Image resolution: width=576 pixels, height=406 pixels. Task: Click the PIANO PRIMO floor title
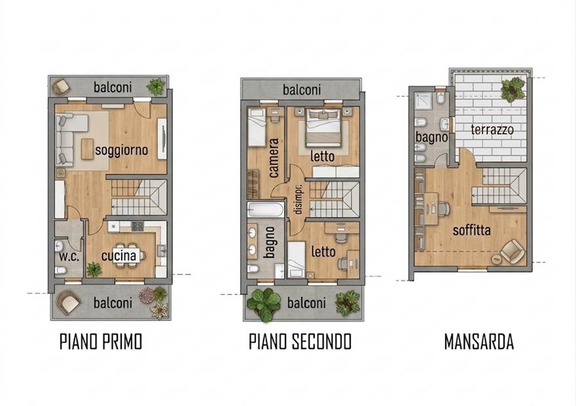tap(101, 342)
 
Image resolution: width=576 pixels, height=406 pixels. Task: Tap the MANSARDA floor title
tap(478, 342)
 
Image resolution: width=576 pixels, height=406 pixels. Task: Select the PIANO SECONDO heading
tap(300, 342)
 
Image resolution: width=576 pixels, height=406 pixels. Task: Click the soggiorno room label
tap(121, 150)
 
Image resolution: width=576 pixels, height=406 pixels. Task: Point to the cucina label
tap(118, 255)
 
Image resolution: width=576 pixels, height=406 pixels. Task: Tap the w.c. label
tap(69, 256)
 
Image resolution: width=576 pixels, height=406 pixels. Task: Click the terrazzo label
tap(492, 130)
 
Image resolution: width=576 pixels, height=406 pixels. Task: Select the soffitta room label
tap(472, 231)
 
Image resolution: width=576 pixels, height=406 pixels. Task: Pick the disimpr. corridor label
tap(298, 199)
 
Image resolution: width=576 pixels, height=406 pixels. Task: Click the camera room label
tap(274, 158)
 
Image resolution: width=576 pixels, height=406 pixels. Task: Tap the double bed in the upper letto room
tap(323, 127)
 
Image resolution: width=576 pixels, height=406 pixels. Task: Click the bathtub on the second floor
tap(265, 210)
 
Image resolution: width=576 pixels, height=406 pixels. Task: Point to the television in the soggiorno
tap(162, 139)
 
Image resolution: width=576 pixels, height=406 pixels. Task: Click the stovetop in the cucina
tap(137, 227)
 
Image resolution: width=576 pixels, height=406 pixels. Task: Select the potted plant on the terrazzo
tap(513, 89)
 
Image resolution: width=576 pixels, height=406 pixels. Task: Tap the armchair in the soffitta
tap(513, 251)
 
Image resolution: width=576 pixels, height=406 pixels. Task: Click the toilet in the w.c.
tap(61, 271)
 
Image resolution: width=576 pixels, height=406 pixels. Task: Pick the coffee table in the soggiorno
tap(88, 149)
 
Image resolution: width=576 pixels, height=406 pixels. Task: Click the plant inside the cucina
tap(94, 269)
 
